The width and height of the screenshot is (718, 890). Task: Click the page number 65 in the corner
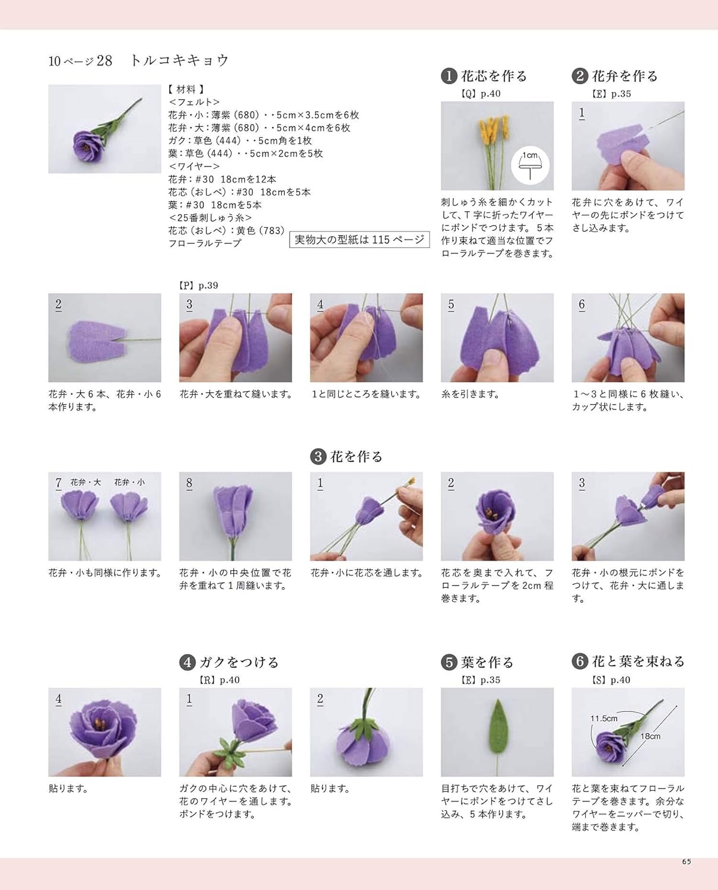pos(687,862)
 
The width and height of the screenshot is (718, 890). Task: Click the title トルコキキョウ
pos(179,61)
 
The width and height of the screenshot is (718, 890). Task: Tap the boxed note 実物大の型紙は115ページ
pos(360,240)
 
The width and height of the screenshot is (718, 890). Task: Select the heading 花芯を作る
pos(494,76)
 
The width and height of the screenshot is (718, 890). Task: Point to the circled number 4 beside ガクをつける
pos(188,662)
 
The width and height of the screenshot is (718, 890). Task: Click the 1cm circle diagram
pos(530,166)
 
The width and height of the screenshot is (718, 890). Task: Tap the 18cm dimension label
pos(650,736)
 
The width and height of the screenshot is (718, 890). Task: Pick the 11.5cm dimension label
pos(604,719)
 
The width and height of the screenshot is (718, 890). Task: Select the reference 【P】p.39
pos(199,285)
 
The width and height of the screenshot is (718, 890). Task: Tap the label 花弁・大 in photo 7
pos(85,482)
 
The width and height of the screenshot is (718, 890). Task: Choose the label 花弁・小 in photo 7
pos(129,482)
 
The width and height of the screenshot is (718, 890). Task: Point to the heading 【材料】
pos(186,90)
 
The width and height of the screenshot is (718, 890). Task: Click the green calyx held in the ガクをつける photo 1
pos(227,755)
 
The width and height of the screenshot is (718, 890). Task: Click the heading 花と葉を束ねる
pos(638,662)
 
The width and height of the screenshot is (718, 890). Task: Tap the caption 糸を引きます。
pos(470,394)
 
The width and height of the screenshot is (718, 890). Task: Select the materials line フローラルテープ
pos(205,243)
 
